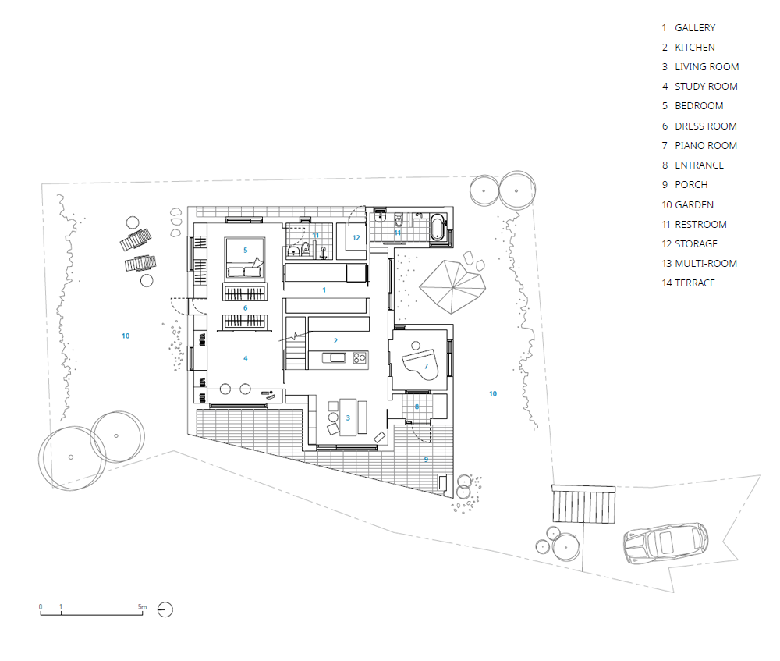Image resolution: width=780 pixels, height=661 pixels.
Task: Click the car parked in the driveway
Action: coord(666,542)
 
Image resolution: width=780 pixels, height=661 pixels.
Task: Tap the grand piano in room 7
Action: coord(420,364)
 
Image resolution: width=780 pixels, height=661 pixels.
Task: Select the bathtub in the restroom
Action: coord(438,227)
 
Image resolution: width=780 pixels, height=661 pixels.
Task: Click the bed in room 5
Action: coord(245,258)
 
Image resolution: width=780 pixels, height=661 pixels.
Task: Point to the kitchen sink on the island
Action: coord(335,357)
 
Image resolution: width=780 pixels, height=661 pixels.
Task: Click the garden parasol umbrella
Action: coord(452,286)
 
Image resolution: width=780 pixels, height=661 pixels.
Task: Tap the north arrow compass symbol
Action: coord(165,609)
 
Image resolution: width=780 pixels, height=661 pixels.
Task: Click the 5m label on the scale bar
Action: coord(142,606)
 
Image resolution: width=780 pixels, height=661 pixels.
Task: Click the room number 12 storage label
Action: coord(356,238)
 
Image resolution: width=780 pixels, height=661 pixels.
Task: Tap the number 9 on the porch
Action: coord(426,460)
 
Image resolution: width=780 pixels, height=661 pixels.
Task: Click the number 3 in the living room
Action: coord(348,418)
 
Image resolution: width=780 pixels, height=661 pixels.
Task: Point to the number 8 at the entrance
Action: coord(417,407)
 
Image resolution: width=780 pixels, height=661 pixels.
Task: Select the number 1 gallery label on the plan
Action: coord(324,290)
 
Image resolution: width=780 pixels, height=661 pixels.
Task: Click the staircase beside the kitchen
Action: coord(295,343)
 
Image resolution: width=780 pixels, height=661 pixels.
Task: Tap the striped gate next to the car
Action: coord(583,503)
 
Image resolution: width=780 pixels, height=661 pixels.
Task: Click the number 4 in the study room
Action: coord(245,358)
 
